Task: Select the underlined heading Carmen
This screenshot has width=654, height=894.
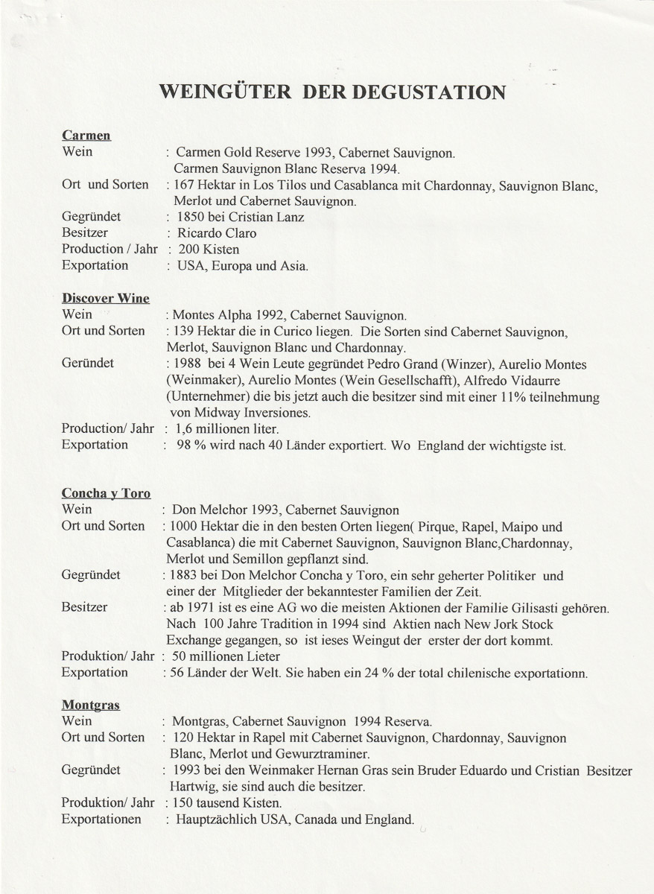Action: click(86, 136)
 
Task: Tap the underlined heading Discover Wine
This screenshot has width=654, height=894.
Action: click(105, 298)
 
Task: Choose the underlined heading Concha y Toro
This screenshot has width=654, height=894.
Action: click(106, 493)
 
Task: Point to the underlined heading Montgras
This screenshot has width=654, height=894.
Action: click(90, 705)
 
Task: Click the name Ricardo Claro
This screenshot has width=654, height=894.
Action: click(217, 233)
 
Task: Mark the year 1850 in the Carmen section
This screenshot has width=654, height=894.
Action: click(191, 217)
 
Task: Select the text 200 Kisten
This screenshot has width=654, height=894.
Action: click(209, 250)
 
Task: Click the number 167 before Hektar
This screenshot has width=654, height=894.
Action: click(186, 185)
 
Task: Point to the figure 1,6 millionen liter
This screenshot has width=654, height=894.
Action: click(226, 430)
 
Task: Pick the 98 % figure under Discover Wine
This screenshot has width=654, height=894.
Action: click(188, 446)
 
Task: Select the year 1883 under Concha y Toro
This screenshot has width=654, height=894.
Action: click(182, 576)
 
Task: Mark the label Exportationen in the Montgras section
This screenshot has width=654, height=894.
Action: click(101, 819)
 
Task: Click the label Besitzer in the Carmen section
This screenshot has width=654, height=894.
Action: click(85, 233)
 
